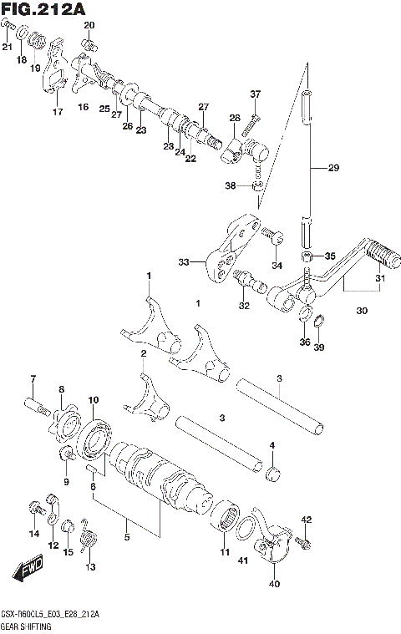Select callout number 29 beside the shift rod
pyautogui.click(x=332, y=169)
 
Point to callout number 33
pyautogui.click(x=184, y=261)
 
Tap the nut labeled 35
pyautogui.click(x=307, y=256)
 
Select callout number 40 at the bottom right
pyautogui.click(x=275, y=584)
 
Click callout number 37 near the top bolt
pyautogui.click(x=255, y=94)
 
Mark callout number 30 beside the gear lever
pyautogui.click(x=361, y=311)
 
